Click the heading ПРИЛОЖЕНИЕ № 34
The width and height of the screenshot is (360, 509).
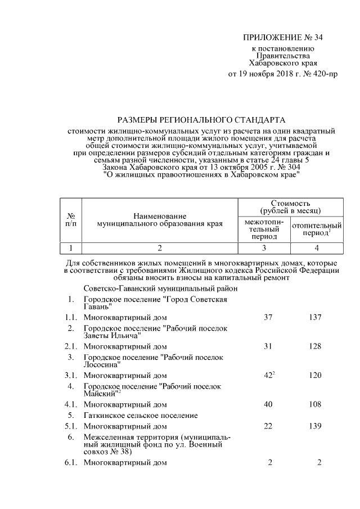282,38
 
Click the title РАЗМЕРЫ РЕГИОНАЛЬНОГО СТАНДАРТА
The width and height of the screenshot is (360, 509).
201,120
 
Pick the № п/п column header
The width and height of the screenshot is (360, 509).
71,219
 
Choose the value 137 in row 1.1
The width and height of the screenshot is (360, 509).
314,318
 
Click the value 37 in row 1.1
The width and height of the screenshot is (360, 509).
268,318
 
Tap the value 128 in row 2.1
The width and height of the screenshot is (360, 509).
314,346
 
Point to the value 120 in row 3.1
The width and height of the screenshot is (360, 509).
314,375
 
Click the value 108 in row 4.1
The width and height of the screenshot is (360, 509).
314,404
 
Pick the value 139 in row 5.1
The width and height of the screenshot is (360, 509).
314,426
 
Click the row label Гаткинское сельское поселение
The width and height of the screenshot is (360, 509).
140,416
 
